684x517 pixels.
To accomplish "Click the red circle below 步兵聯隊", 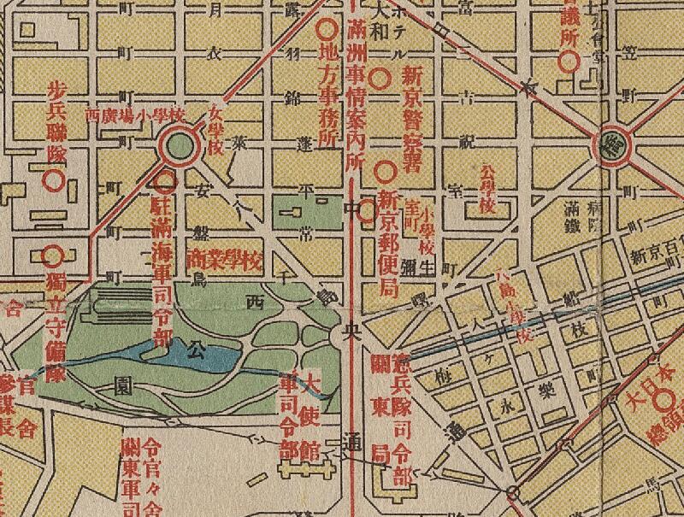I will [x=53, y=180].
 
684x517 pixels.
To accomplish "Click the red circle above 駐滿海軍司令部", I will [x=164, y=180].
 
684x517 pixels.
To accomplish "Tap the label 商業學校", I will [x=223, y=256].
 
